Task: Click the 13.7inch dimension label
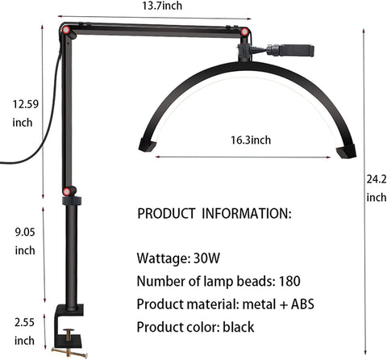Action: coord(162,6)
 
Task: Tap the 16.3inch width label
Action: coord(251,140)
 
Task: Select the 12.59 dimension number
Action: coord(26,104)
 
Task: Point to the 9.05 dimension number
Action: coord(25,232)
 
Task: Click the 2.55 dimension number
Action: coord(24,322)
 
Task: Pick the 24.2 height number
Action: coord(377,179)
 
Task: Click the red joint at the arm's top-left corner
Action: coord(66,30)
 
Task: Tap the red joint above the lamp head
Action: coord(244,31)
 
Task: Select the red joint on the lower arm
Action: coord(66,191)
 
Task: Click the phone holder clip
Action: coord(296,50)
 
